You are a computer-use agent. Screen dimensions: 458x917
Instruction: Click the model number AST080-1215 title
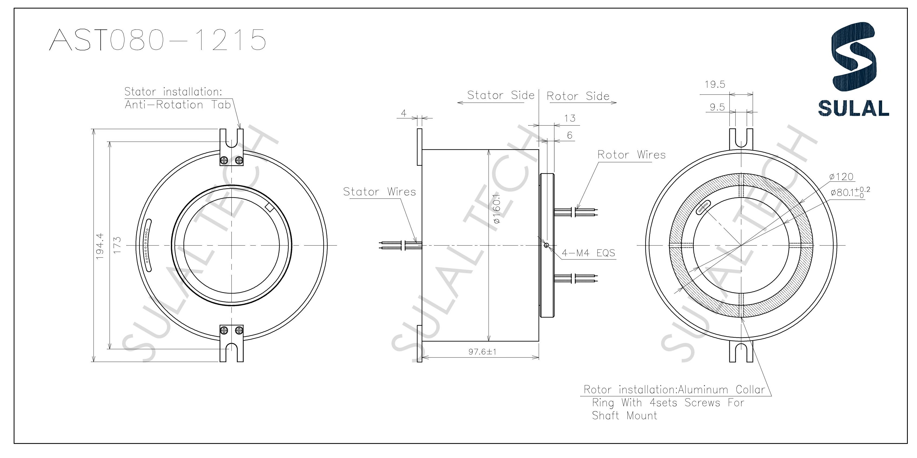tap(157, 40)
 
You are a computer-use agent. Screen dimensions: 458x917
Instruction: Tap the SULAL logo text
tap(853, 108)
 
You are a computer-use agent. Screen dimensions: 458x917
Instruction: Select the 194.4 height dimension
tap(100, 246)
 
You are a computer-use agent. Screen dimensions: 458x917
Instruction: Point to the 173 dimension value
tap(117, 245)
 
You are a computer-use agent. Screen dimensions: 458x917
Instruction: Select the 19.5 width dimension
tap(715, 85)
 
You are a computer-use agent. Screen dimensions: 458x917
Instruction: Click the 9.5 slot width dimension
tap(717, 107)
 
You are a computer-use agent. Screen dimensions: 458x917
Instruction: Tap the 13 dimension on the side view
tap(570, 118)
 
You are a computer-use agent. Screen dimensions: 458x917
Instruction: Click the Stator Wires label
tap(379, 192)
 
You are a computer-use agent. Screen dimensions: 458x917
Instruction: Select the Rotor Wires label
tap(631, 155)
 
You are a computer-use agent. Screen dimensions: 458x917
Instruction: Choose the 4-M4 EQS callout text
tap(588, 253)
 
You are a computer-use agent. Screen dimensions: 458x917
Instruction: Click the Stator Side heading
tap(501, 95)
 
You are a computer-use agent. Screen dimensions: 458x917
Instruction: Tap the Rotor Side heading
tap(578, 96)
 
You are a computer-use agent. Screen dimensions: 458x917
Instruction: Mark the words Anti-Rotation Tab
tap(178, 105)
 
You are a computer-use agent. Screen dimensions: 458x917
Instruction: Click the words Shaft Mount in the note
tap(624, 415)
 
